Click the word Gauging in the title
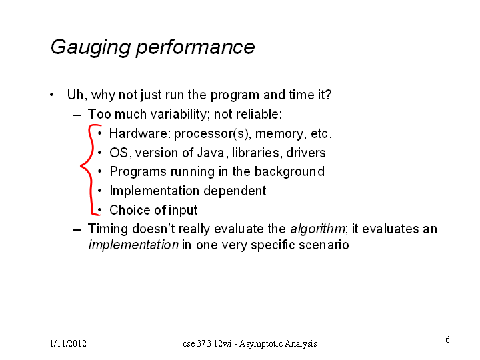click(x=91, y=48)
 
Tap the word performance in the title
click(x=195, y=48)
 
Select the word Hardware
click(x=139, y=133)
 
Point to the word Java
click(x=211, y=153)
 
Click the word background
click(x=289, y=172)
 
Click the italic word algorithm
click(x=317, y=229)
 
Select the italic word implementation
click(x=133, y=245)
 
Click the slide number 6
click(x=447, y=339)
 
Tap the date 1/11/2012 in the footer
click(x=68, y=343)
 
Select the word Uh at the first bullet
click(x=75, y=95)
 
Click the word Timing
click(x=108, y=229)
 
